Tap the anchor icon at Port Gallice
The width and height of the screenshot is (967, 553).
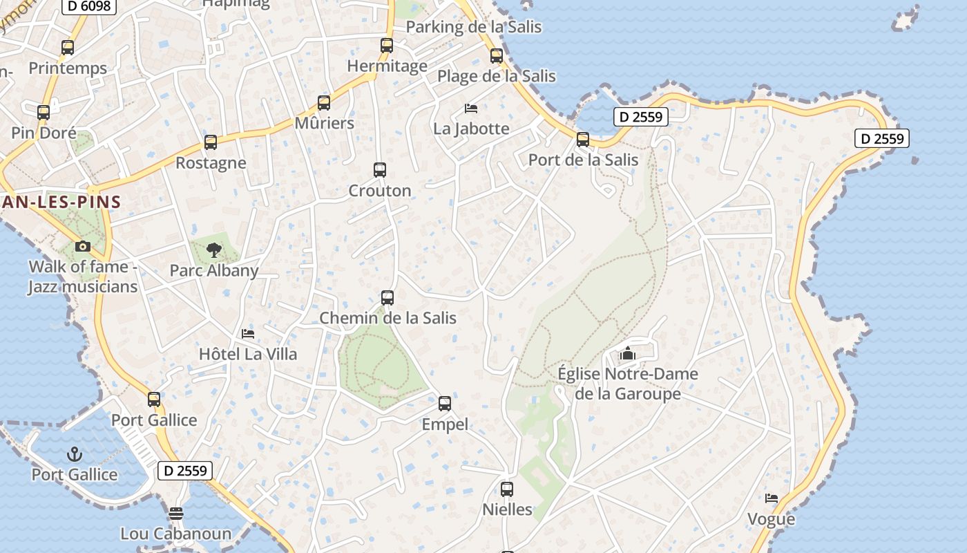[x=75, y=454]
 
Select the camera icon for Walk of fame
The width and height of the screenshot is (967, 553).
[x=83, y=246]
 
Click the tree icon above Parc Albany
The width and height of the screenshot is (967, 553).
[x=214, y=250]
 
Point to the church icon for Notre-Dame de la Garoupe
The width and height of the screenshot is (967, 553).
[x=627, y=353]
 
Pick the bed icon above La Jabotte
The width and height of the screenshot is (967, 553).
[x=471, y=109]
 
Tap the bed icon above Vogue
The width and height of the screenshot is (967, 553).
[x=772, y=498]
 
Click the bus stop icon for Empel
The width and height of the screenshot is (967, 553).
[x=445, y=404]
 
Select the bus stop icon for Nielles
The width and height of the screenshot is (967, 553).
[x=507, y=489]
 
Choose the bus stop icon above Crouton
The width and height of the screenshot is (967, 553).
[x=380, y=170]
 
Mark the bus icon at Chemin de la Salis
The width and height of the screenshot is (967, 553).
[x=387, y=298]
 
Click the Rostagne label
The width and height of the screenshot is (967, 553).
[x=211, y=163]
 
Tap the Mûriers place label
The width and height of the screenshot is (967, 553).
[x=324, y=124]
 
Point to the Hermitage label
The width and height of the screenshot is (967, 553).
[x=387, y=66]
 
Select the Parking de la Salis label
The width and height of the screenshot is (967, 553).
[x=474, y=27]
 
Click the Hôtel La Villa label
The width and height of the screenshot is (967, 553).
[x=248, y=355]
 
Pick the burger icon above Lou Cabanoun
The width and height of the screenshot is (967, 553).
[x=176, y=514]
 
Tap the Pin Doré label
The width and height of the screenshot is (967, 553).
[x=44, y=133]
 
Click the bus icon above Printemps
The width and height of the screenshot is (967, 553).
[x=68, y=48]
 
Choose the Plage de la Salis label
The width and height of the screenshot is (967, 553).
[x=497, y=76]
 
